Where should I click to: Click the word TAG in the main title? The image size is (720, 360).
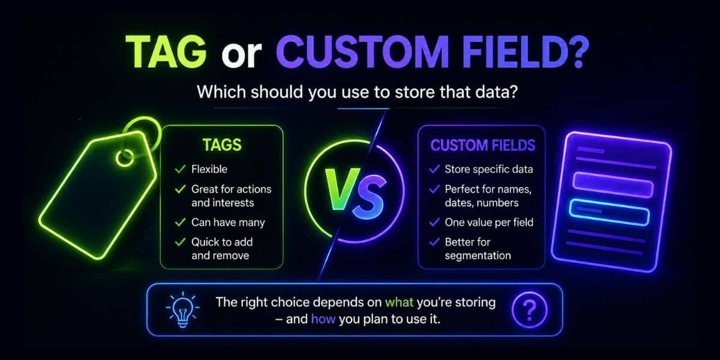(x=166, y=52)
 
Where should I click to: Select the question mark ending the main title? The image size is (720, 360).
(x=578, y=52)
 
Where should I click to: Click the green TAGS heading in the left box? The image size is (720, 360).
(x=222, y=145)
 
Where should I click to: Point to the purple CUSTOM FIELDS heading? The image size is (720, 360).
(x=483, y=145)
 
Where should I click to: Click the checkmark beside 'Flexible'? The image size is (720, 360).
(x=181, y=169)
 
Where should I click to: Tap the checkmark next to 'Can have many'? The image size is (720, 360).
(x=181, y=222)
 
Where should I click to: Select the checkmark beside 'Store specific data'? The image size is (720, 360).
(x=434, y=169)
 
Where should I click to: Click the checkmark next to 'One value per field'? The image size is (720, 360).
(x=434, y=222)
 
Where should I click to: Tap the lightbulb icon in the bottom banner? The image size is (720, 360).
(x=182, y=310)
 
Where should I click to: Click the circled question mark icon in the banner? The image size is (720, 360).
(x=529, y=310)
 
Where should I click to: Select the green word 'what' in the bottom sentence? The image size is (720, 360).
(x=399, y=302)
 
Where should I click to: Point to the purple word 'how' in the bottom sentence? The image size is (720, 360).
(x=323, y=319)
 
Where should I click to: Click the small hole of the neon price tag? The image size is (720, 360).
(x=125, y=158)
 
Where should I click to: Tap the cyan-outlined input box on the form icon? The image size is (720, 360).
(x=609, y=212)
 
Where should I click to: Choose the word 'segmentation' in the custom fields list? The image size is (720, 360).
(x=478, y=256)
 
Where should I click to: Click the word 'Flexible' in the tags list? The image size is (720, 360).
(x=209, y=169)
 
